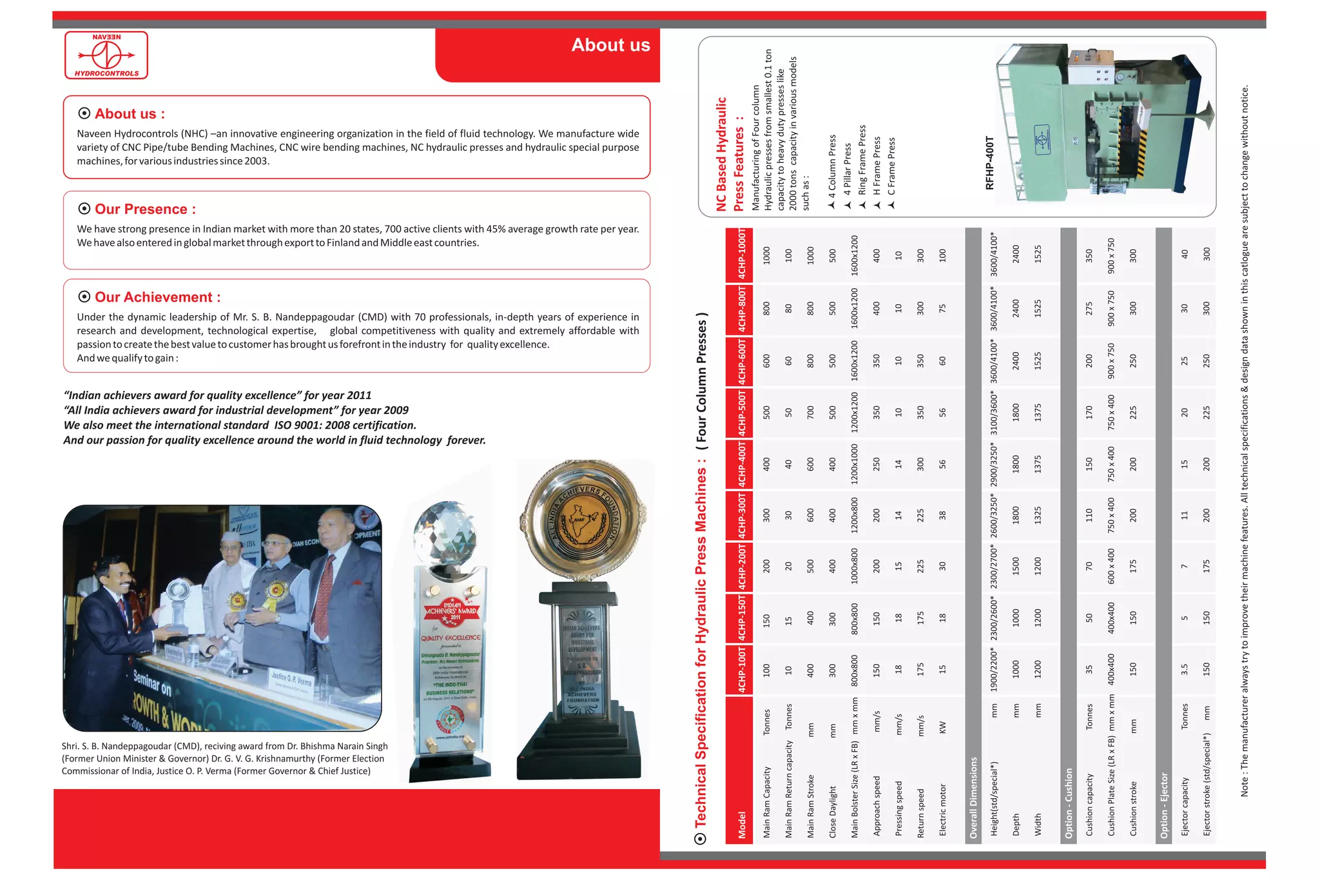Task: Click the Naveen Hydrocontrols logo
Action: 106,55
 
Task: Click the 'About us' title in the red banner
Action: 610,45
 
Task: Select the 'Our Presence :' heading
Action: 144,209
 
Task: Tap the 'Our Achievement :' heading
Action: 157,297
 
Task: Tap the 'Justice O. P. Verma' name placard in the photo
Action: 291,679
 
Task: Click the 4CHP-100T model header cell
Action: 742,670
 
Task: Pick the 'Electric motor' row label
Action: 943,810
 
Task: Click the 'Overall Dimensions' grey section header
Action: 973,797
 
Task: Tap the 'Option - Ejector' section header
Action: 1163,805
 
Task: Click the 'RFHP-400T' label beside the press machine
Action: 990,163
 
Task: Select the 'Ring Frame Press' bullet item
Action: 862,160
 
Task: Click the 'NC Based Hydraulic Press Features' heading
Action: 730,155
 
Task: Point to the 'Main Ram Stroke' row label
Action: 811,806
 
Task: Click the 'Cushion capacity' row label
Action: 1089,805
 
